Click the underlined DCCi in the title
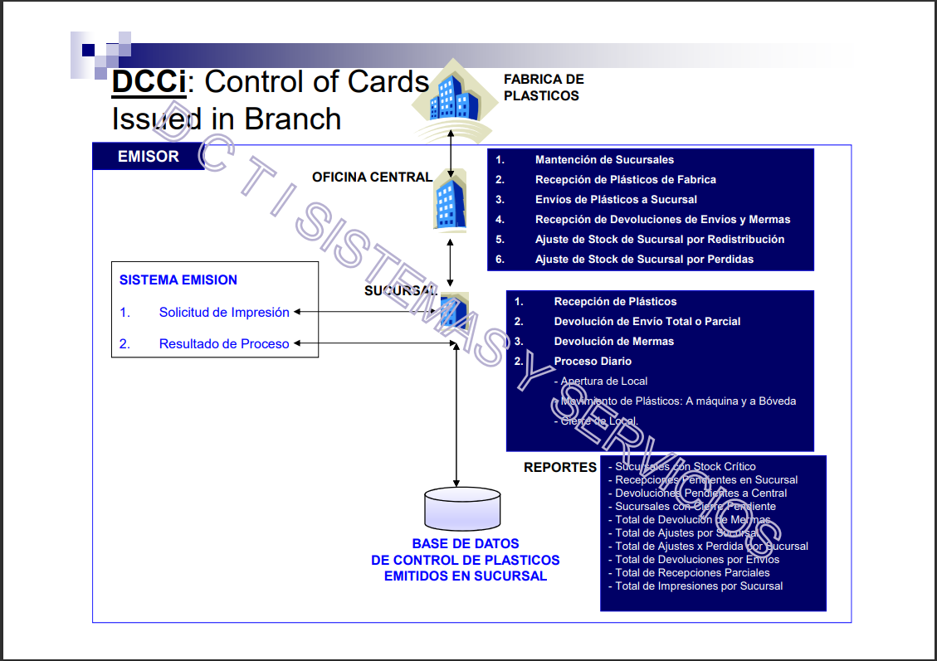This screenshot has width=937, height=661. (149, 82)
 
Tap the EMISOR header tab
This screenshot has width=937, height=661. (149, 156)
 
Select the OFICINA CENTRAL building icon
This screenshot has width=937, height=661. (449, 201)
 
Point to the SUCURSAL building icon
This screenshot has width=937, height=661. (454, 311)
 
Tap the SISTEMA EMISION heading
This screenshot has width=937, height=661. (178, 280)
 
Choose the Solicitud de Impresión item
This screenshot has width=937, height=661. (224, 313)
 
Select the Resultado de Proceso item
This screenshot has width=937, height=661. (224, 344)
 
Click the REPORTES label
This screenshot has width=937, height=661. (559, 468)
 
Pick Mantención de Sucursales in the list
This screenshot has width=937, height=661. (604, 160)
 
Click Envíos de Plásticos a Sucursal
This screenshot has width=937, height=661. (616, 200)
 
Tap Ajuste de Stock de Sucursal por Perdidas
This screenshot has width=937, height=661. (644, 260)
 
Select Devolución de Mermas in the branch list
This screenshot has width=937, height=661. (613, 342)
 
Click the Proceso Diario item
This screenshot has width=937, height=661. (593, 362)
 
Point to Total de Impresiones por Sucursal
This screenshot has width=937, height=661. (699, 586)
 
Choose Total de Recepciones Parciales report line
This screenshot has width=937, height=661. (692, 573)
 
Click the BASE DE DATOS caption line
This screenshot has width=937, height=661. (466, 544)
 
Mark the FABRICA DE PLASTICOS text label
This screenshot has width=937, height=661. (544, 87)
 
